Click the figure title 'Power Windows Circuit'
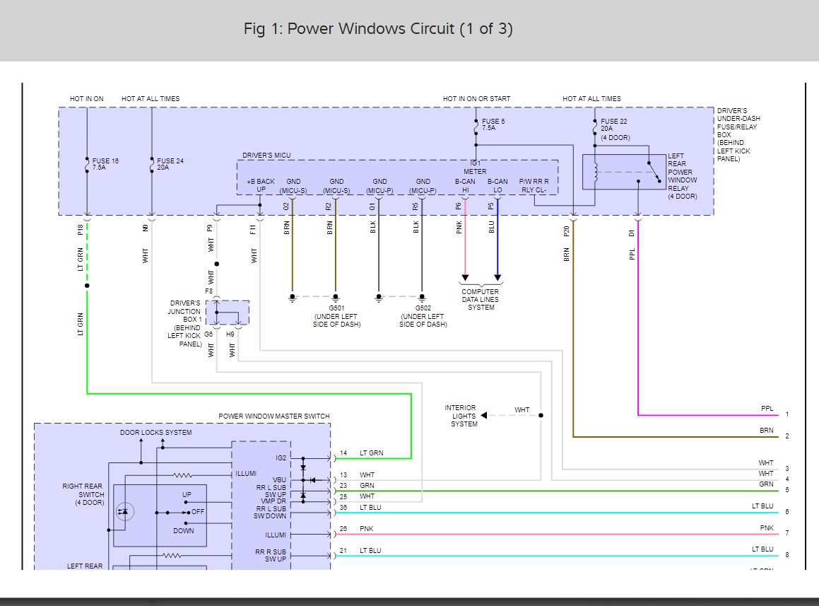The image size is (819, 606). (x=378, y=29)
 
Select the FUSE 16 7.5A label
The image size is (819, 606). (x=105, y=165)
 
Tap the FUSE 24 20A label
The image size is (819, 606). (x=170, y=165)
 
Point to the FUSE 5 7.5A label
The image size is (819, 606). (x=493, y=125)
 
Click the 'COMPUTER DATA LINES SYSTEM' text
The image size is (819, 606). (x=481, y=300)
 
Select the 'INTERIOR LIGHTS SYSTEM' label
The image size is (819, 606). (x=460, y=416)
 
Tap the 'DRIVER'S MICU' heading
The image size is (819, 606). (x=266, y=156)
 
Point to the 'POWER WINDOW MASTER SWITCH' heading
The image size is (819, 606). (x=273, y=416)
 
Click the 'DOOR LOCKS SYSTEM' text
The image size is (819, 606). (x=155, y=433)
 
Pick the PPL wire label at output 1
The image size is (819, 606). (x=767, y=409)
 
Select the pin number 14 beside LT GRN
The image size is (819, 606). (x=343, y=453)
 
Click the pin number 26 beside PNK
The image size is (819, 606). (x=343, y=528)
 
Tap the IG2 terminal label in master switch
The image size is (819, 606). (x=281, y=458)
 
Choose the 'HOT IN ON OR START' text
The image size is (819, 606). (x=476, y=99)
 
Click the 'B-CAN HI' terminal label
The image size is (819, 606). (x=465, y=186)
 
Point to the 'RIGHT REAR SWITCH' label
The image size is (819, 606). (x=83, y=494)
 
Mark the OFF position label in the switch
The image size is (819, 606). (x=198, y=512)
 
